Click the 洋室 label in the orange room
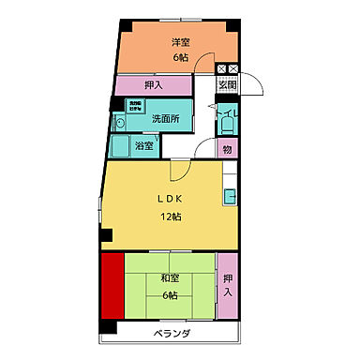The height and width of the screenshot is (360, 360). click(181, 41)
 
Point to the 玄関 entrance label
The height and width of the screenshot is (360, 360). click(227, 86)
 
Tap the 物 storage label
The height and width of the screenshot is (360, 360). click(226, 147)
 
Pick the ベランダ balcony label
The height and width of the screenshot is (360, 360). click(172, 334)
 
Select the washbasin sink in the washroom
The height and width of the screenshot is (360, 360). click(119, 122)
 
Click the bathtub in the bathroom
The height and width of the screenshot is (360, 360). click(120, 145)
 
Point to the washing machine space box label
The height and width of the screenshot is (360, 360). click(135, 106)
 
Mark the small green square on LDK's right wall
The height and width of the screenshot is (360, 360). click(228, 196)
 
